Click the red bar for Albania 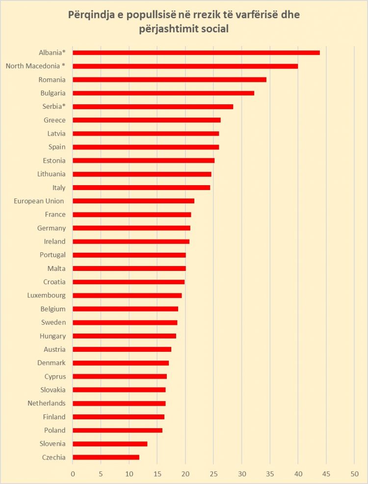coord(196,52)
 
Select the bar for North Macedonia coord(185,66)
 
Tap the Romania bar coord(170,79)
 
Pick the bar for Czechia coord(106,457)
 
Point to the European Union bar coord(133,201)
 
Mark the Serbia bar coord(153,106)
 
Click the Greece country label coord(54,120)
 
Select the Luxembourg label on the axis coord(47,295)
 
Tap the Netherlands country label coord(46,403)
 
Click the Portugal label coord(53,255)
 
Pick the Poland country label coord(55,430)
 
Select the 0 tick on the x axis coord(73,474)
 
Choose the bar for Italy coord(141,188)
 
